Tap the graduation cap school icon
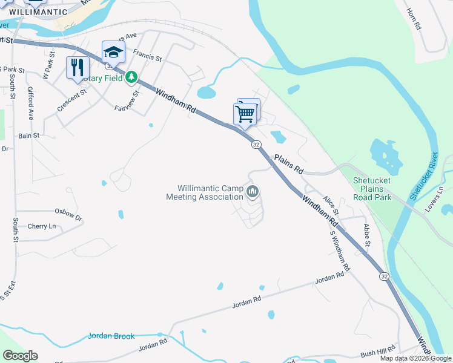(113, 52)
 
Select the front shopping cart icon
(245, 113)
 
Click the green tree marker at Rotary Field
(131, 78)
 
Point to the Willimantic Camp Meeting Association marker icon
(253, 192)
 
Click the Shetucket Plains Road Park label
(372, 189)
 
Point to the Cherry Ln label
(42, 226)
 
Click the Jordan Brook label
(111, 336)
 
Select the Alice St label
(330, 205)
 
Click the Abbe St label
(366, 235)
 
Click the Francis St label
(148, 59)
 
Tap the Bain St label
(28, 136)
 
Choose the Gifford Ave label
(30, 103)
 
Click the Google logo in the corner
(20, 356)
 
